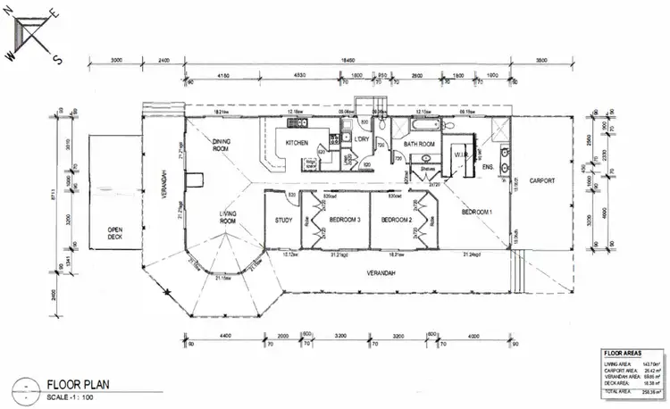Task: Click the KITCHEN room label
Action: pyautogui.click(x=297, y=143)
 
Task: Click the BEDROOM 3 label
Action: pyautogui.click(x=345, y=220)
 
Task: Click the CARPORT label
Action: pyautogui.click(x=541, y=180)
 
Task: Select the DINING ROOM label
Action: pyautogui.click(x=222, y=145)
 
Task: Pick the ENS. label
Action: pyautogui.click(x=488, y=166)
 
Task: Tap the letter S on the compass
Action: pyautogui.click(x=56, y=61)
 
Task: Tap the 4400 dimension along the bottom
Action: pyautogui.click(x=220, y=336)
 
